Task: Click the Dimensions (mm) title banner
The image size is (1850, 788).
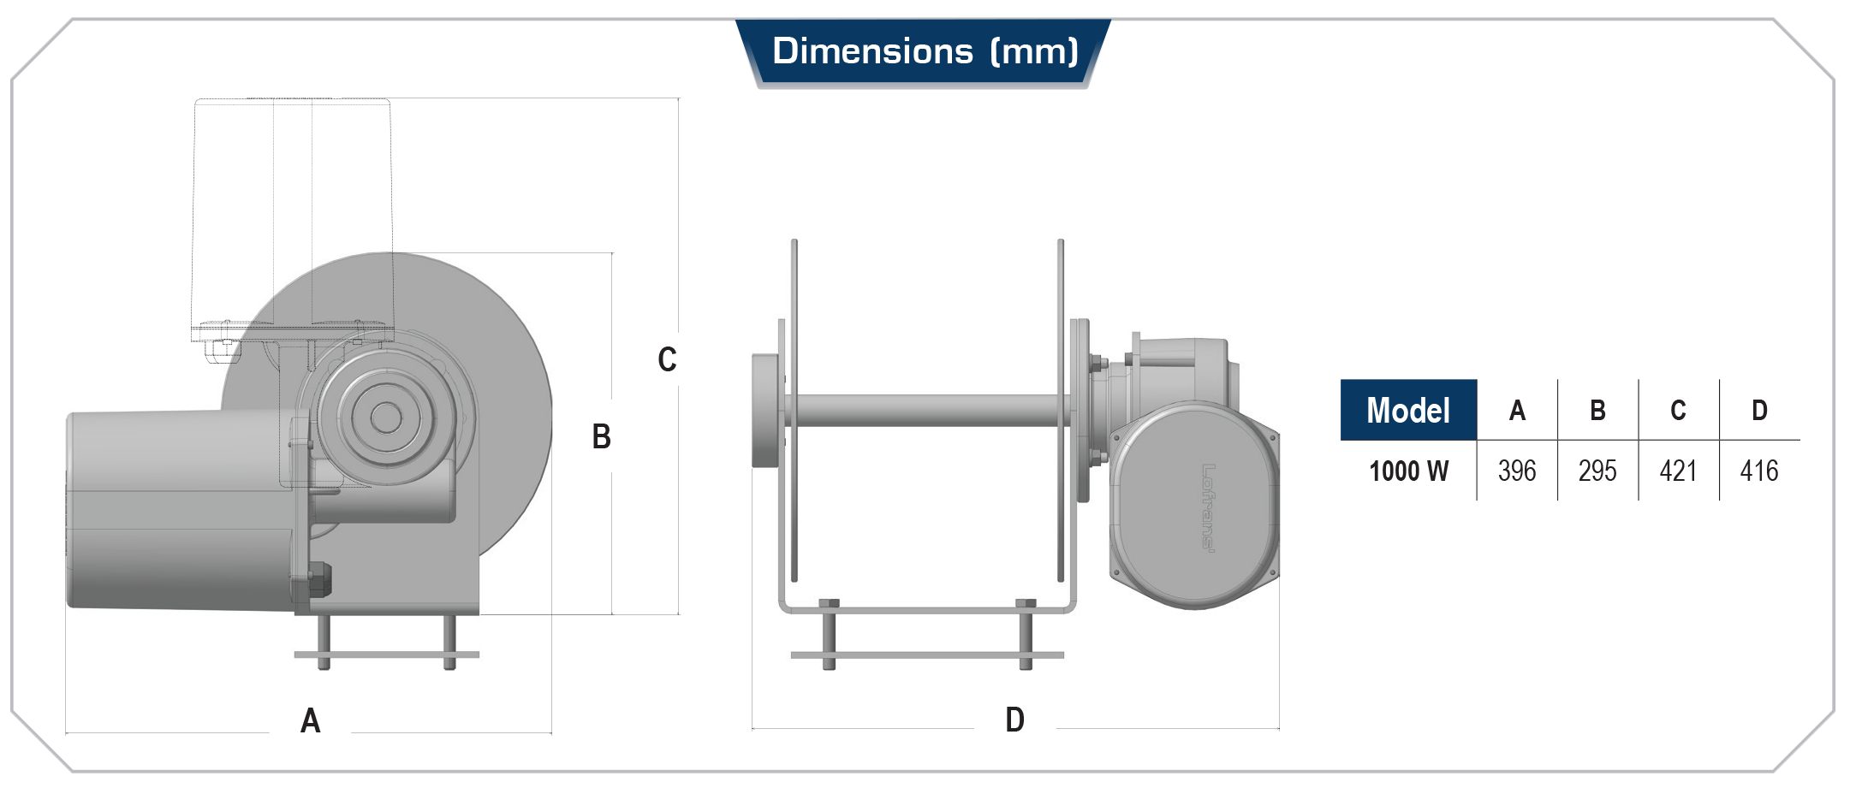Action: pyautogui.click(x=924, y=52)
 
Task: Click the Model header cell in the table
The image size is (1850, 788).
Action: pyautogui.click(x=1408, y=410)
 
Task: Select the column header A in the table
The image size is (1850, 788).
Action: pyautogui.click(x=1517, y=411)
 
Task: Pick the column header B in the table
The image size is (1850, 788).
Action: pyautogui.click(x=1597, y=411)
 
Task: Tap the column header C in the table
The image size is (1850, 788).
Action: pyautogui.click(x=1678, y=411)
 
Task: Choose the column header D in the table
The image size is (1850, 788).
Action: pyautogui.click(x=1759, y=411)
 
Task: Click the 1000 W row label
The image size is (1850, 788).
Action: pyautogui.click(x=1408, y=471)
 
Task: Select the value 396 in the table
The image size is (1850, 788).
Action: pyautogui.click(x=1517, y=471)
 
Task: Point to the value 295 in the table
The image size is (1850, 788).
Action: pyautogui.click(x=1597, y=471)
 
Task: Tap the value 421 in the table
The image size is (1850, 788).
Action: pyautogui.click(x=1678, y=471)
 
